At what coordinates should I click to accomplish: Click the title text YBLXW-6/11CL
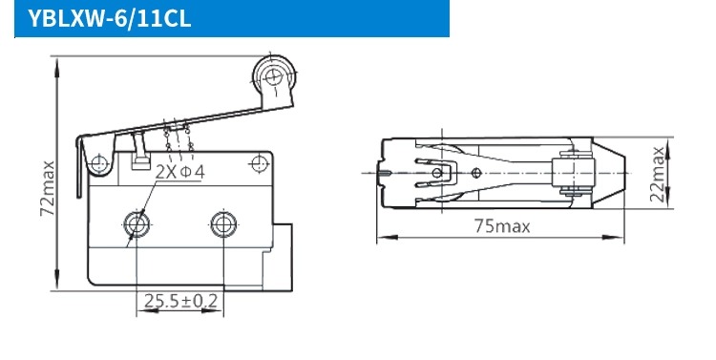click(109, 19)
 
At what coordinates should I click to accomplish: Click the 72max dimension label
click(48, 188)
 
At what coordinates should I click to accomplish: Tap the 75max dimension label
click(502, 226)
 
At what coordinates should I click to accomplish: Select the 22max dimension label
click(657, 174)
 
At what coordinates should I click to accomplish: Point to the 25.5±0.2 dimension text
click(180, 301)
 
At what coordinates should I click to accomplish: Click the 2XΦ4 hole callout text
click(179, 172)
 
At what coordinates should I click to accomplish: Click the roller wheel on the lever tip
click(274, 75)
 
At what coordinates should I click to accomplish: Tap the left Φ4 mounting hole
click(137, 224)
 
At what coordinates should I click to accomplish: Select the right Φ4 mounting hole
click(223, 224)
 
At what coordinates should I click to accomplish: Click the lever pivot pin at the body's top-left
click(98, 163)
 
